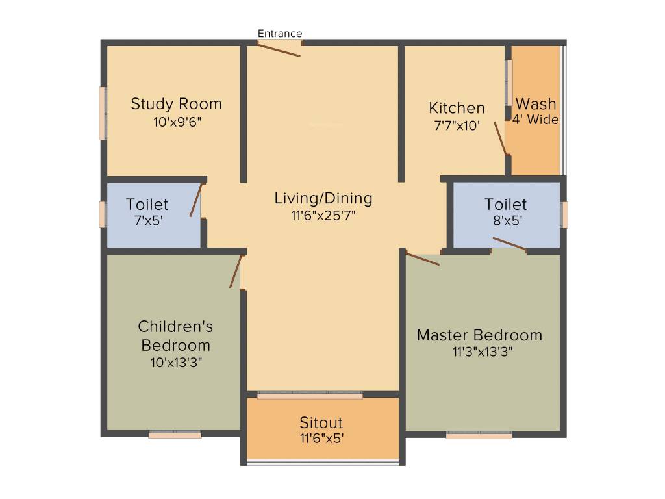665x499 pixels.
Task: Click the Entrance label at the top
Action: tap(280, 34)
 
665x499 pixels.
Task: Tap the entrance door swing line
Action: tap(280, 49)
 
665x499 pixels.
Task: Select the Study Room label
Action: tap(176, 104)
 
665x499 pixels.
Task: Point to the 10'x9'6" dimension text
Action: tap(176, 121)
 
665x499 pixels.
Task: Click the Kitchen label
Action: tap(457, 108)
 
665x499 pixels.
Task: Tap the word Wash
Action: tap(536, 104)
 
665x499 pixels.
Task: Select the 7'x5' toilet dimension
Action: tap(147, 220)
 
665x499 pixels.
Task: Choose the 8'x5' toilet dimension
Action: tap(505, 220)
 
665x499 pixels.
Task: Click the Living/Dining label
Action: tap(323, 198)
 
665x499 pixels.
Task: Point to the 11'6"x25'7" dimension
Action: tap(323, 215)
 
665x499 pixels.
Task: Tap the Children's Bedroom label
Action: tap(175, 335)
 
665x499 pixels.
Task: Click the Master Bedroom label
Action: tap(479, 335)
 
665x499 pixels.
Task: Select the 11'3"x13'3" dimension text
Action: tap(479, 352)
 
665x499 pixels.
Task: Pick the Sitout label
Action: tap(321, 423)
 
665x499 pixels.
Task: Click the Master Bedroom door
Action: tap(423, 259)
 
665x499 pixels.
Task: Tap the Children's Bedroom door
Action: tap(235, 271)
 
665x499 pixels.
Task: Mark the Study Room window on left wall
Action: tap(102, 113)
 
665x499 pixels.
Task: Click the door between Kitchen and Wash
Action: tap(500, 137)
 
